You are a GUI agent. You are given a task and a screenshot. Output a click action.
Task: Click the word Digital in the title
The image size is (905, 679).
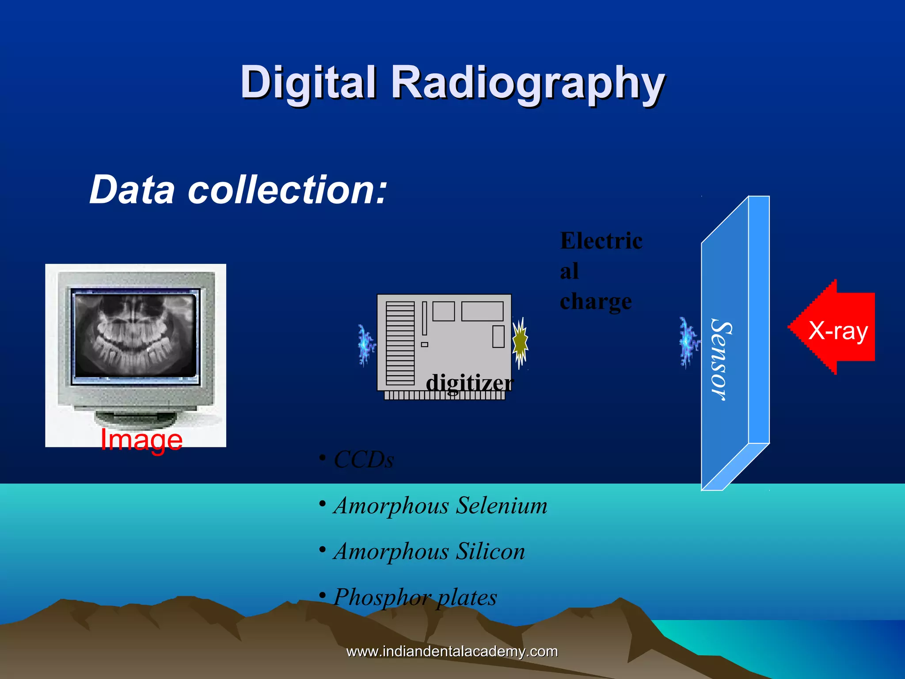click(308, 82)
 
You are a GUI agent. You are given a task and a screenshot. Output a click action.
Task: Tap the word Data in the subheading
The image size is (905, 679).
click(132, 190)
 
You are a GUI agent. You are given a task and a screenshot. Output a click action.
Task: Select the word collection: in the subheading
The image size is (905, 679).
click(288, 190)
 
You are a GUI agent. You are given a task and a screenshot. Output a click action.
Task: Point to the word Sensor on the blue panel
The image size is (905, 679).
click(720, 360)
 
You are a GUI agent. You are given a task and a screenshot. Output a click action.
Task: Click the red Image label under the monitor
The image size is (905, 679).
click(141, 439)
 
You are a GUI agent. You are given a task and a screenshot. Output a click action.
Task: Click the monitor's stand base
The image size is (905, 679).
click(135, 418)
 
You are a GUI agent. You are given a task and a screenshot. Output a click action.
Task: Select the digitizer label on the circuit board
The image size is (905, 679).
click(469, 382)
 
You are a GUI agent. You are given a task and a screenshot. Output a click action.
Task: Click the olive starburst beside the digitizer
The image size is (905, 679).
click(520, 342)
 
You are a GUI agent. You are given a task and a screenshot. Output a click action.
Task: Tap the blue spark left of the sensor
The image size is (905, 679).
click(688, 343)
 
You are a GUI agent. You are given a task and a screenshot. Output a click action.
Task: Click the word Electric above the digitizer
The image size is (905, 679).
click(601, 241)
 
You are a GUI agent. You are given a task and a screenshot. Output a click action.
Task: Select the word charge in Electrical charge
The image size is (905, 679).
click(596, 302)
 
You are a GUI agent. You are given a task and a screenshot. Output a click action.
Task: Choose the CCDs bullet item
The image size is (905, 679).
click(363, 460)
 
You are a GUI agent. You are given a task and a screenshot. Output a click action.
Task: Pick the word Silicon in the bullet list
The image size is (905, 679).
click(490, 551)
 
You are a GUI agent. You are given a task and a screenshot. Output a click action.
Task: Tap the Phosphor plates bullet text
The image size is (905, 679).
click(415, 597)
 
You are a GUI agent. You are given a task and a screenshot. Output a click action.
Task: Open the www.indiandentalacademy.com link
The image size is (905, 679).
click(452, 651)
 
